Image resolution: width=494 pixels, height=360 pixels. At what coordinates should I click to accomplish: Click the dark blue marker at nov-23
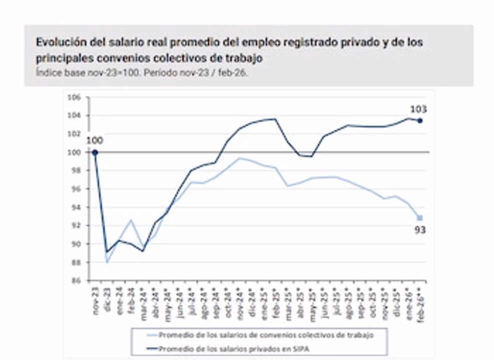95,152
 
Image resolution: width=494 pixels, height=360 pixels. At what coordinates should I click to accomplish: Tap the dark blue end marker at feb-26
420,120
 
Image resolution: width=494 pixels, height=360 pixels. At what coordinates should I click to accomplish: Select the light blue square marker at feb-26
420,217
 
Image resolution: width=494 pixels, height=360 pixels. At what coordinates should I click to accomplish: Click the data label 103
418,109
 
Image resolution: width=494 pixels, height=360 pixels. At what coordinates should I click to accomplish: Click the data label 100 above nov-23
94,140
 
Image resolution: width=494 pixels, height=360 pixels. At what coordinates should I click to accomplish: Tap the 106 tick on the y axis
74,97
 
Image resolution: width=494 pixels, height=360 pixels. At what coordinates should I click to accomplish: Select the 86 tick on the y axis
75,281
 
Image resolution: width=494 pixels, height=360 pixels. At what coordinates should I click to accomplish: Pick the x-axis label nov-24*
239,302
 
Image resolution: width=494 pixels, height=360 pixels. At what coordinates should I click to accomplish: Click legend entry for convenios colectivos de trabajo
265,335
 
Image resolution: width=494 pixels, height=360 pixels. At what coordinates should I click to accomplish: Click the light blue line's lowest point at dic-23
107,261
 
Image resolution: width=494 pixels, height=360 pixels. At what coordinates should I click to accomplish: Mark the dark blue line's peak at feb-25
275,119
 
